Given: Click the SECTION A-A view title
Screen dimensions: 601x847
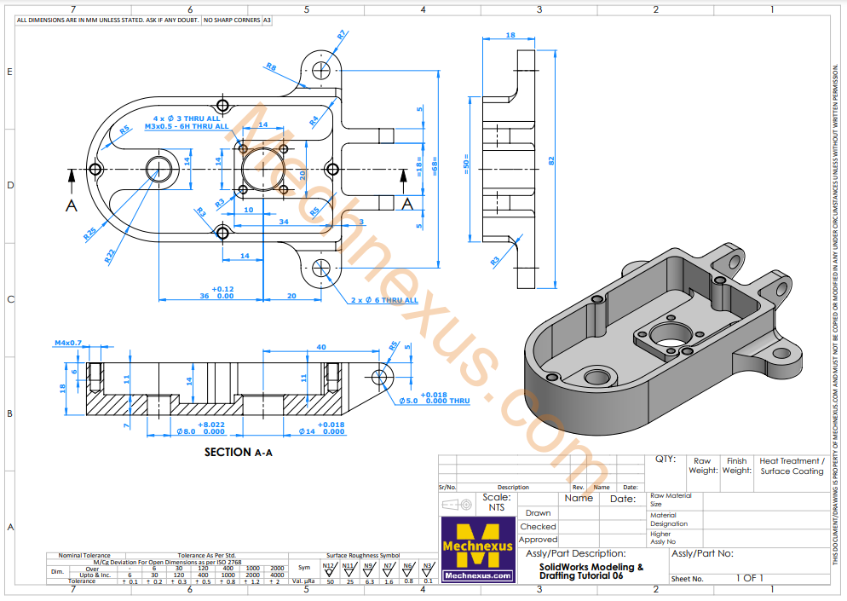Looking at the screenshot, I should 238,453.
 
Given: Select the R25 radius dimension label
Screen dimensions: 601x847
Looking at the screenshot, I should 90,232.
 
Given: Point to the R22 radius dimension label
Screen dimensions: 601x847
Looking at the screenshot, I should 110,254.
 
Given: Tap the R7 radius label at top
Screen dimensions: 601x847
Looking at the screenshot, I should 342,36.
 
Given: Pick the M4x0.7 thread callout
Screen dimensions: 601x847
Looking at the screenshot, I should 68,343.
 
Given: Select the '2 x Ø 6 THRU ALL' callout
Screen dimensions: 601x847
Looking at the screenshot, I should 384,300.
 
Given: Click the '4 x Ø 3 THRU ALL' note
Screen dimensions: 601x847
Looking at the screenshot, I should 187,118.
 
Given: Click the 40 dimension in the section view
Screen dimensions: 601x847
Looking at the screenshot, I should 320,347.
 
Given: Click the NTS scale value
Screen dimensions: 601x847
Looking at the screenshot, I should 496,507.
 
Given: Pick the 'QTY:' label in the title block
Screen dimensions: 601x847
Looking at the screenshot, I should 665,459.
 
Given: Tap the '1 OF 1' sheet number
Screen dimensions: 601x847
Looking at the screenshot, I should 750,578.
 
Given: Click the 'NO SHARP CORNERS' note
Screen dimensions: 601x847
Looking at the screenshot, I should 231,19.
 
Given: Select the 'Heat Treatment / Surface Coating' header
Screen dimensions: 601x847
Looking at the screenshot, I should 792,465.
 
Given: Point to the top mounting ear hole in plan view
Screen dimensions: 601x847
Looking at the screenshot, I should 323,69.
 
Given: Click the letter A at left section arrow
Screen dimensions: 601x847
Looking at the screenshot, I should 72,205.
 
